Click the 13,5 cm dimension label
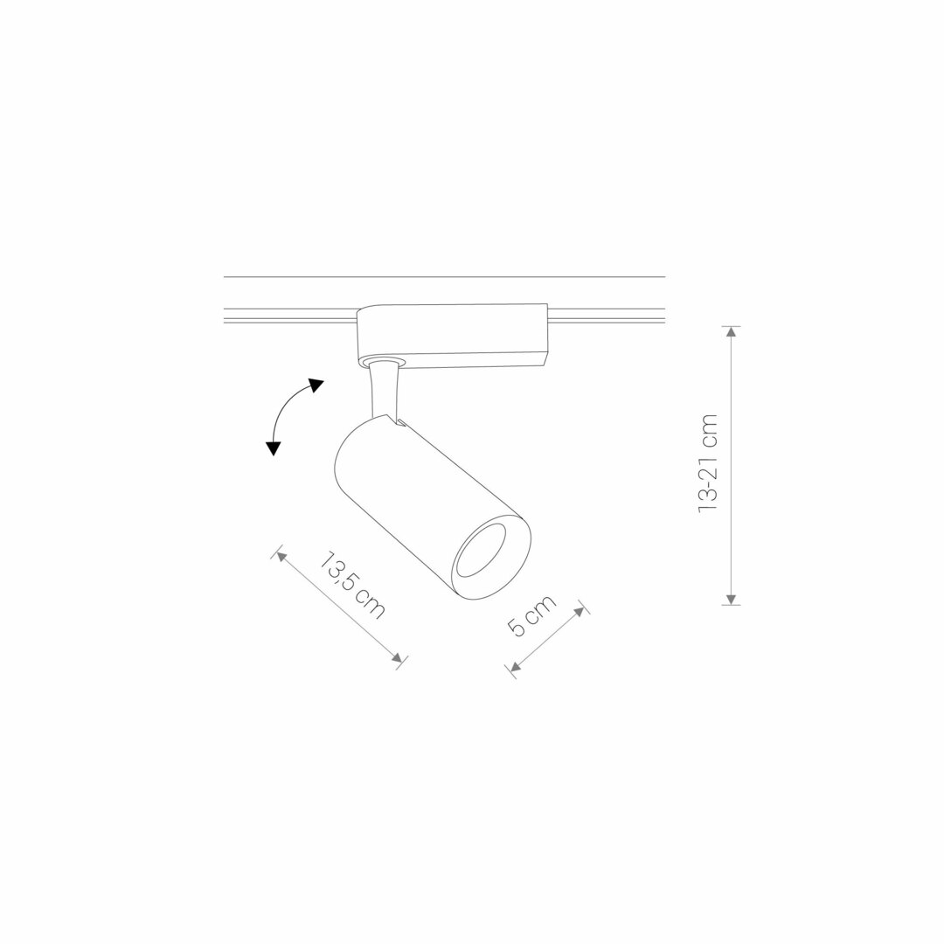(352, 585)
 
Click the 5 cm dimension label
(531, 615)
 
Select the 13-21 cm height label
(708, 463)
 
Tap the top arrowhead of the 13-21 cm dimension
(731, 332)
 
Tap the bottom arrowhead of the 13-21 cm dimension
(731, 599)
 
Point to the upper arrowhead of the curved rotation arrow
(316, 385)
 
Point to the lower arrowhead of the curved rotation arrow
(274, 448)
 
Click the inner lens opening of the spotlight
(481, 551)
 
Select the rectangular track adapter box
(452, 336)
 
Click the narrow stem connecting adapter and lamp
(384, 392)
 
